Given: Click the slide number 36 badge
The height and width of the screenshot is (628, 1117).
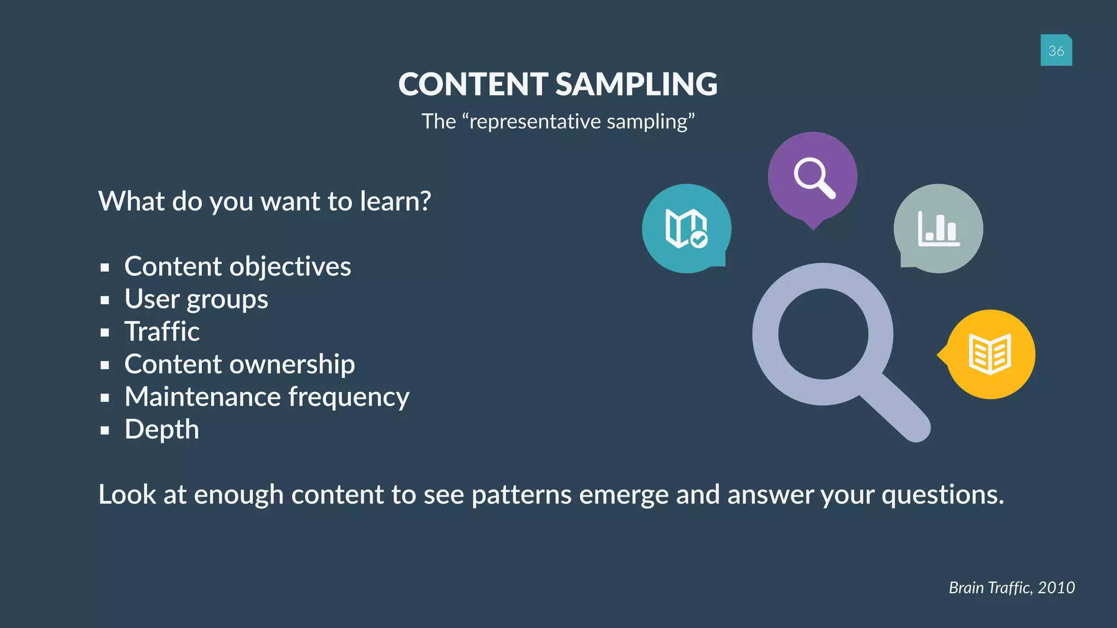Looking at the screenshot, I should pos(1056,50).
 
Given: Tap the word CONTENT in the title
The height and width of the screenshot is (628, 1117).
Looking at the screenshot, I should pos(473,84).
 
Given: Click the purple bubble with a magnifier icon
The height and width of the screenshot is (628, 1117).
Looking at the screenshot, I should pos(813,177).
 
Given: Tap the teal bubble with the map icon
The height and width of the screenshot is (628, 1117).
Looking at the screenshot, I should pos(686,228).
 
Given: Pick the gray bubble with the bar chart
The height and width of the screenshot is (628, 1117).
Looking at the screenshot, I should pos(938,228).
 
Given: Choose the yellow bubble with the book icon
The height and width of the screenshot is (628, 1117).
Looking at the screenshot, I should pos(990,354).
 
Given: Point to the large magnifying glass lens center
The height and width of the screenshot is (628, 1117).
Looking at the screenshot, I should pos(822,334).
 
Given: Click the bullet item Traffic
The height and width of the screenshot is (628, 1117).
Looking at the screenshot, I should pos(162,331).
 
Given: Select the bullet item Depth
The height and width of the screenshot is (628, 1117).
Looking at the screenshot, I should pos(161,430).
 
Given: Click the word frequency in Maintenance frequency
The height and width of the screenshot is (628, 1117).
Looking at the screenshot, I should pos(349,397).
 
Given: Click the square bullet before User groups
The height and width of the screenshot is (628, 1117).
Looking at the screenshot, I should pos(105,300).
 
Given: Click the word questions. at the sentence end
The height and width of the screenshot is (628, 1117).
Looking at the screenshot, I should pos(942,495).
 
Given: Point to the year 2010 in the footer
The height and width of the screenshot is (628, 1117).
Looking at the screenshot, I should pos(1056,588).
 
